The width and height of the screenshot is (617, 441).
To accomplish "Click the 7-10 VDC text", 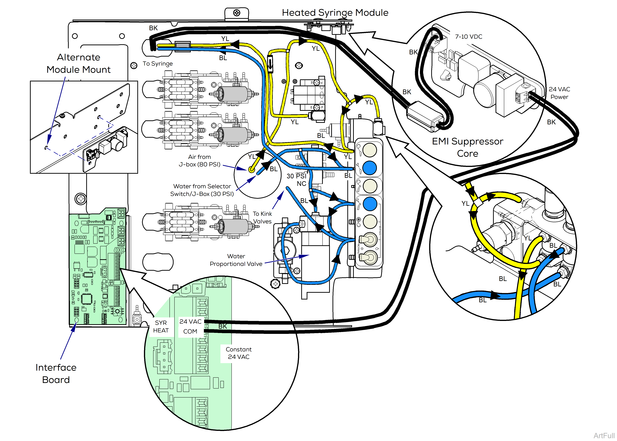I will (468, 37).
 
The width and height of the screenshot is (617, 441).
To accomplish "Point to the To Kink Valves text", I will (262, 217).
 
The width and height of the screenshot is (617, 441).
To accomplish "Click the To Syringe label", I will (158, 63).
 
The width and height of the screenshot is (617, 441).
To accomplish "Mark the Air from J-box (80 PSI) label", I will (199, 160).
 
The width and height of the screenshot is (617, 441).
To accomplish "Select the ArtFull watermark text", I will (604, 435).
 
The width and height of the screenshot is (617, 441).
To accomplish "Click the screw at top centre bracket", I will (237, 13).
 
